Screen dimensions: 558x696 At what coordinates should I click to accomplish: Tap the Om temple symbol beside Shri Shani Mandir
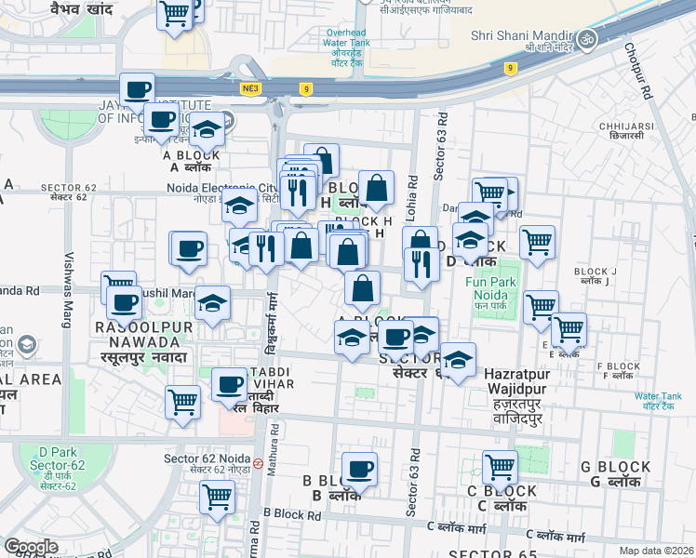[x=586, y=39]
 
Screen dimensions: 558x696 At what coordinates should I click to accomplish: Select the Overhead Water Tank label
[x=347, y=44]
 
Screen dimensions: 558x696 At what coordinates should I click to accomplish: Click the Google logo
[x=31, y=546]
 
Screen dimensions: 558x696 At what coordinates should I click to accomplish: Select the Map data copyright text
[x=657, y=551]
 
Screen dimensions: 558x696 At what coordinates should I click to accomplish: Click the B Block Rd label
[x=291, y=512]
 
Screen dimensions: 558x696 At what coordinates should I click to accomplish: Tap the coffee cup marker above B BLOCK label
[x=359, y=470]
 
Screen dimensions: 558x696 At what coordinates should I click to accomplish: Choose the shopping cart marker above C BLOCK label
[x=500, y=466]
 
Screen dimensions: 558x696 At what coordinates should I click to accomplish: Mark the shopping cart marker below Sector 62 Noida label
[x=217, y=498]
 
